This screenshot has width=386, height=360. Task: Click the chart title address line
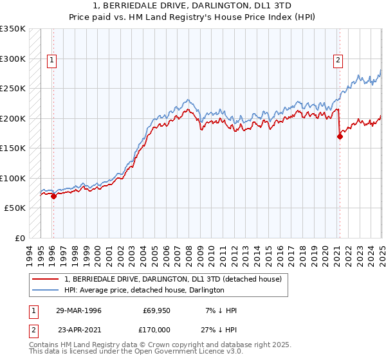[x=193, y=6]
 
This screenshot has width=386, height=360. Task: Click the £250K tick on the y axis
[x=13, y=89]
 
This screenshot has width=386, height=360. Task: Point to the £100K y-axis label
[x=13, y=178]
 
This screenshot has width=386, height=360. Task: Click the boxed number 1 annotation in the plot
[x=52, y=60]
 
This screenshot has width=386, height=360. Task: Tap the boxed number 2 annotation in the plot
[x=338, y=60]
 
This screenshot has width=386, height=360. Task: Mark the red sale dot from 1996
[x=53, y=197]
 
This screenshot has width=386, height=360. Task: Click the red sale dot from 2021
[x=340, y=136]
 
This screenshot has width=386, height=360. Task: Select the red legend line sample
[x=46, y=280]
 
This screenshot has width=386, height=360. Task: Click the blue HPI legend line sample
[x=46, y=291]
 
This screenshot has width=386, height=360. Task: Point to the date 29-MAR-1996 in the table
[x=78, y=310]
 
